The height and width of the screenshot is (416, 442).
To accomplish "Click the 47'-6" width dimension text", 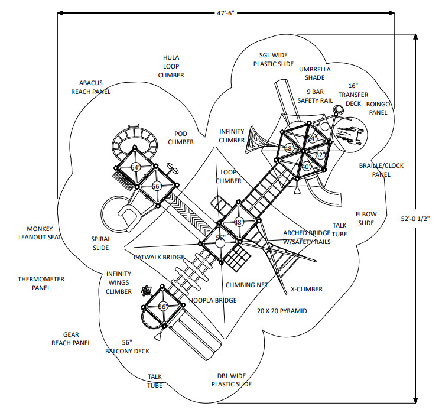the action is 226,13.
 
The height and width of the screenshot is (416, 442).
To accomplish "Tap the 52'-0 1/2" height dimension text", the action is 415,219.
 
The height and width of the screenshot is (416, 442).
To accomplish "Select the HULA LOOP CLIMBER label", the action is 171,66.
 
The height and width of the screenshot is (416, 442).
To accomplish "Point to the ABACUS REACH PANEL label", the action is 91,87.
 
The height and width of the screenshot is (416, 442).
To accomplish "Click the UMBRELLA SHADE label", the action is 315,73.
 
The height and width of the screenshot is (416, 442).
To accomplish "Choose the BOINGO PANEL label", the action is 378,108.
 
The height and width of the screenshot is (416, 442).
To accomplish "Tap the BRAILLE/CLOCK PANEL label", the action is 381,170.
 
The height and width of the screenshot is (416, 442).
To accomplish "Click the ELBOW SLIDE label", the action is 366,219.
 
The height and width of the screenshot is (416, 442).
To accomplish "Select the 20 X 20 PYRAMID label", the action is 282,311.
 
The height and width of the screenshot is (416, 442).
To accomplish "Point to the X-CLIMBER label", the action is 307,289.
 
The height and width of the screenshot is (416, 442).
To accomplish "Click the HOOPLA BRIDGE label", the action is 213,300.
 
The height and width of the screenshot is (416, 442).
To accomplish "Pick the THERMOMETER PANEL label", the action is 41,284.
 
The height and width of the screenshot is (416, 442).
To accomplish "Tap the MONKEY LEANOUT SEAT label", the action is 40,233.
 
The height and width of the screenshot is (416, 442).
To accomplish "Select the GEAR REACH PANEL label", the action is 71,339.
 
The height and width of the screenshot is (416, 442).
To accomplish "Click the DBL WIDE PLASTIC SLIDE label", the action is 232,380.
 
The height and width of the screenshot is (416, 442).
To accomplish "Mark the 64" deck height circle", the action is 135,167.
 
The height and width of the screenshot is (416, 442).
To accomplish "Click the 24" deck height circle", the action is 312,138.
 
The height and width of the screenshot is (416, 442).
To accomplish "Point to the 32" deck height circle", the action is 320,155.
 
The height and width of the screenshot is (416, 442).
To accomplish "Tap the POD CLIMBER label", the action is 181,138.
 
